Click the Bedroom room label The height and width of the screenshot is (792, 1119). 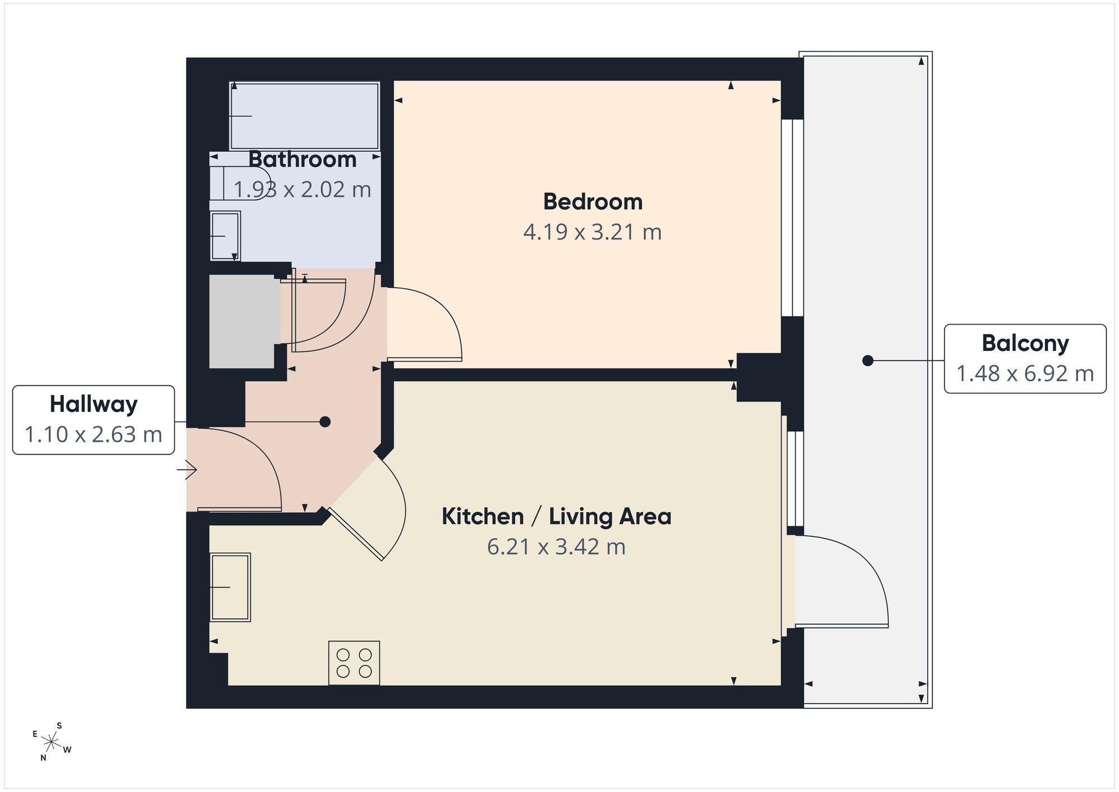pyautogui.click(x=593, y=202)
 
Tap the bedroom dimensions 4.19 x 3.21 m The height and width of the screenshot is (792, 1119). pyautogui.click(x=593, y=232)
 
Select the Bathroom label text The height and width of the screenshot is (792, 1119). pyautogui.click(x=302, y=160)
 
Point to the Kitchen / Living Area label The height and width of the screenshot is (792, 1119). pyautogui.click(x=556, y=516)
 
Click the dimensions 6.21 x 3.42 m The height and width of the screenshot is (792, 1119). pyautogui.click(x=556, y=546)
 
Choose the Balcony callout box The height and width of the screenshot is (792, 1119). pyautogui.click(x=1025, y=358)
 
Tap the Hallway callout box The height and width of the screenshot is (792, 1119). pyautogui.click(x=93, y=420)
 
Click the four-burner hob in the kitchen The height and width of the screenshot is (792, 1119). pyautogui.click(x=354, y=663)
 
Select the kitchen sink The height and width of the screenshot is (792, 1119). pyautogui.click(x=230, y=587)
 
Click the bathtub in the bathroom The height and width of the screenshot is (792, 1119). pyautogui.click(x=305, y=116)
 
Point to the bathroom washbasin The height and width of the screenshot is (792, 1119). pyautogui.click(x=225, y=236)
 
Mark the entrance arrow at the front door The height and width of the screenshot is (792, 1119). pyautogui.click(x=187, y=470)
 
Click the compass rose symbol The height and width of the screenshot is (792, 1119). pyautogui.click(x=51, y=742)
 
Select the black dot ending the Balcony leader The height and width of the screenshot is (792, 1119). pyautogui.click(x=868, y=361)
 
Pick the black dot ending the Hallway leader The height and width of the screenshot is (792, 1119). pyautogui.click(x=325, y=422)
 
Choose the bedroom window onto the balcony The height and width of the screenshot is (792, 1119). pyautogui.click(x=792, y=218)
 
